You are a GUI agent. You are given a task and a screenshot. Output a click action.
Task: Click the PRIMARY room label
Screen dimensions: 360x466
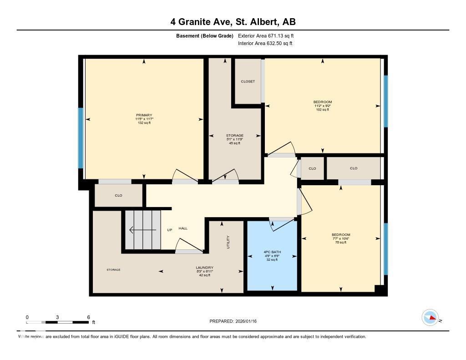[x=144, y=115]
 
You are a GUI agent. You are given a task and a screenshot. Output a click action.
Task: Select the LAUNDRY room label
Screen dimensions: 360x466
[x=204, y=268]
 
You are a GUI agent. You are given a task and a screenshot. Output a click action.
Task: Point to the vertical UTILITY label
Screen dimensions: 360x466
[x=228, y=242]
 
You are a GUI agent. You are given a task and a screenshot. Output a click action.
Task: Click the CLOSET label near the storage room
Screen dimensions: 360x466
[x=248, y=81]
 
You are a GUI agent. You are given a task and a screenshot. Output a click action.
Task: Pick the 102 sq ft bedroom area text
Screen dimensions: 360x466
[x=322, y=110]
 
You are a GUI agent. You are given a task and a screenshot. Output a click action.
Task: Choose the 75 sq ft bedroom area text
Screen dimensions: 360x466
[x=340, y=243]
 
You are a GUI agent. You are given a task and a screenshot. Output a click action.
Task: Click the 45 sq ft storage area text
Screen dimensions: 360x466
[x=234, y=143]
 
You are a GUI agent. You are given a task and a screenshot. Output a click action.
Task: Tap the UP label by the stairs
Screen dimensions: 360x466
[x=169, y=230]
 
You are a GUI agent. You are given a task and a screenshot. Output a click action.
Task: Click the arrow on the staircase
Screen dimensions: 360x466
[x=142, y=230]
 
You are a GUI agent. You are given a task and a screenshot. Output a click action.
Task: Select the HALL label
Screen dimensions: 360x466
[x=183, y=228]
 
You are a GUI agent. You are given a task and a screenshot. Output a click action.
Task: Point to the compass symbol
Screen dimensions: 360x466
[x=430, y=318]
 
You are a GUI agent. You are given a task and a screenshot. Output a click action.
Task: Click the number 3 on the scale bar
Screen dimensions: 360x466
[x=57, y=317]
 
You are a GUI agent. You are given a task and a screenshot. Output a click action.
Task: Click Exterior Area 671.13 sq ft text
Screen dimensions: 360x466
[x=269, y=35]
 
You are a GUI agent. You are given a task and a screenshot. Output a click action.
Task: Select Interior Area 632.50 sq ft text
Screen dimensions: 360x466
[x=265, y=44]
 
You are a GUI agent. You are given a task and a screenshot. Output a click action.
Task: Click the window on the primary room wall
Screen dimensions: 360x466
[x=81, y=138]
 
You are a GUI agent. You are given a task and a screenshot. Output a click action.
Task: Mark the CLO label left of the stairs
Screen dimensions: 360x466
[x=118, y=196]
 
